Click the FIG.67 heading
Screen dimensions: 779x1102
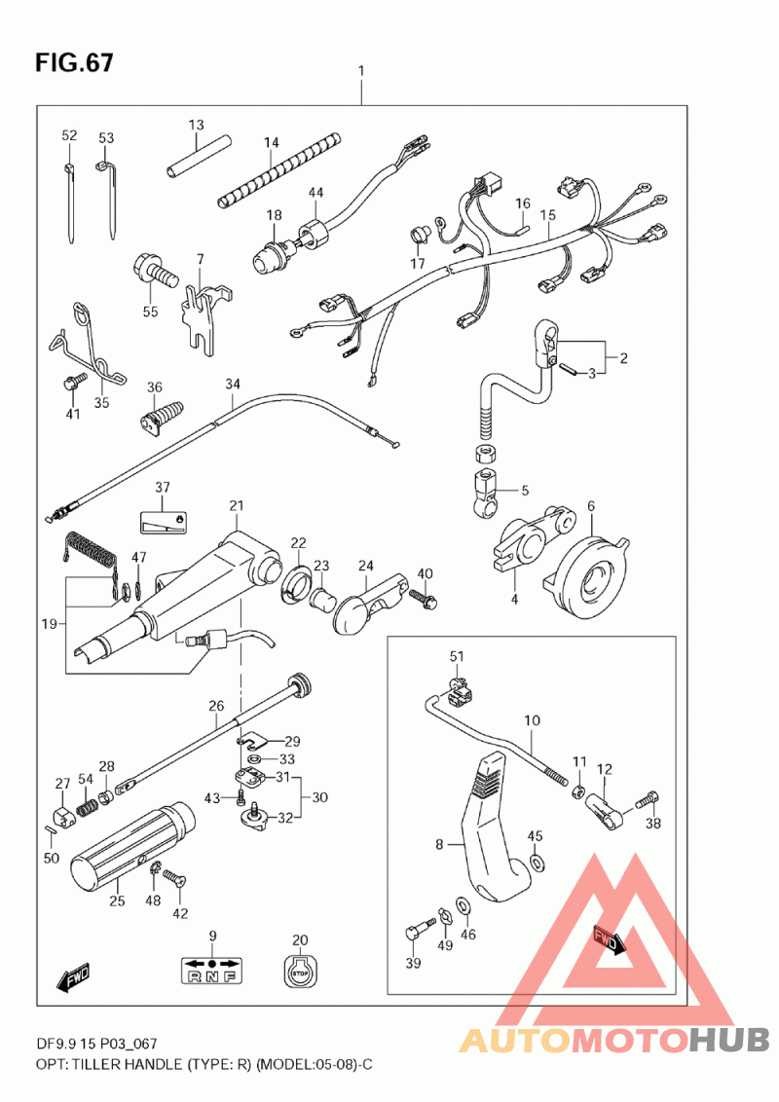pyautogui.click(x=74, y=63)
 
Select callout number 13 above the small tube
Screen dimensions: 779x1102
pyautogui.click(x=196, y=126)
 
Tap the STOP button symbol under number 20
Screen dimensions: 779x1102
pyautogui.click(x=299, y=971)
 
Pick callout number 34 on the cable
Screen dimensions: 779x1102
pyautogui.click(x=232, y=384)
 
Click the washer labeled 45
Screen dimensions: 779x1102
pyautogui.click(x=536, y=863)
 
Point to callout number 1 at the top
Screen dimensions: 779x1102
pyautogui.click(x=361, y=71)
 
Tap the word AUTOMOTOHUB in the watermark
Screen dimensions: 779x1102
pyautogui.click(x=614, y=1040)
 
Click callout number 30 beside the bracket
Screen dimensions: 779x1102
pyautogui.click(x=319, y=797)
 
